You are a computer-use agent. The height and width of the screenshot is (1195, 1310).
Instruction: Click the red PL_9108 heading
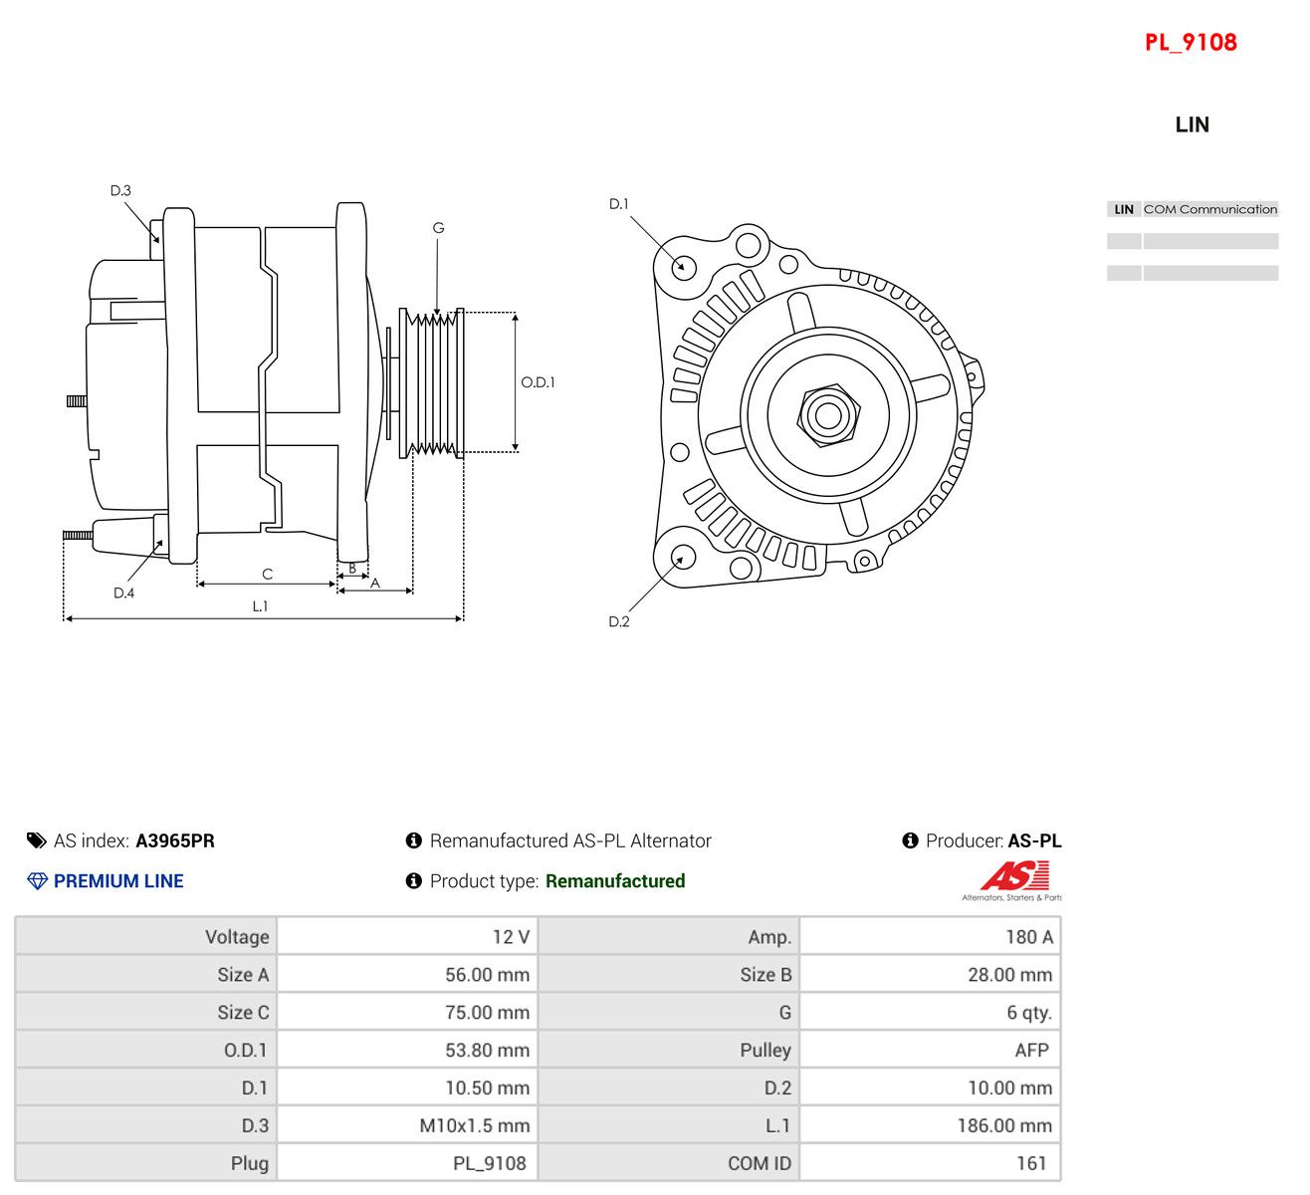coord(1190,43)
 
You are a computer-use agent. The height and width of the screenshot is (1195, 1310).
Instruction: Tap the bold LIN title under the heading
coord(1192,124)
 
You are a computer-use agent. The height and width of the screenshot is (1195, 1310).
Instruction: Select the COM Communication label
coord(1210,209)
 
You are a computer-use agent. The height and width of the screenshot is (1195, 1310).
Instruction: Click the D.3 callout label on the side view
coord(120,190)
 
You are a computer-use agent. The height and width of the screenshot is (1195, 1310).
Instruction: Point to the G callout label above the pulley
coord(438,227)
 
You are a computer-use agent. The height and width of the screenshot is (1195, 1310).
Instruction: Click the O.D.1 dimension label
coord(538,382)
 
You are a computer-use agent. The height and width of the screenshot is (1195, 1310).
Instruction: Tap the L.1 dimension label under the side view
coord(260,605)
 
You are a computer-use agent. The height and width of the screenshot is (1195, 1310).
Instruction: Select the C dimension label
coord(267,574)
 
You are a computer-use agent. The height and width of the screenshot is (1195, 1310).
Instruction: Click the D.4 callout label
coord(124,593)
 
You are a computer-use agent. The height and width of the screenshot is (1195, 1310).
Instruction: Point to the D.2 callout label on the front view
coord(619,621)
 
